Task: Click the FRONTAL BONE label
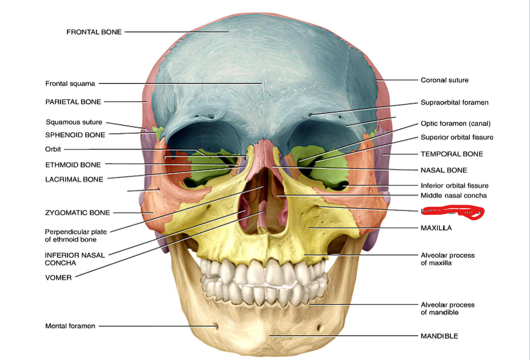tap(94, 32)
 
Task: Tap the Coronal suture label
tap(444, 80)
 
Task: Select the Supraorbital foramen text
tap(454, 102)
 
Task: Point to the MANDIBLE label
tap(439, 336)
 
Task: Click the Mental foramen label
tap(70, 326)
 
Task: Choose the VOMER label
tap(59, 277)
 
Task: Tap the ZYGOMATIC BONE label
tap(77, 212)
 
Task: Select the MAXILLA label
tap(436, 228)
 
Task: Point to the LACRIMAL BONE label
tap(74, 179)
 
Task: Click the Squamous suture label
tap(73, 122)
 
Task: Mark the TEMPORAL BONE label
tap(452, 154)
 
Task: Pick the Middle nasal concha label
tap(454, 196)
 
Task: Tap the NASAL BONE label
tap(443, 170)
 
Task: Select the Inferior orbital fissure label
tap(454, 185)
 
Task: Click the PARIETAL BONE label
tap(73, 102)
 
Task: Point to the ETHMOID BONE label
tap(73, 164)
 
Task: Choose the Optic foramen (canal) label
tap(455, 124)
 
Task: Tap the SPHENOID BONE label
tap(75, 135)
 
